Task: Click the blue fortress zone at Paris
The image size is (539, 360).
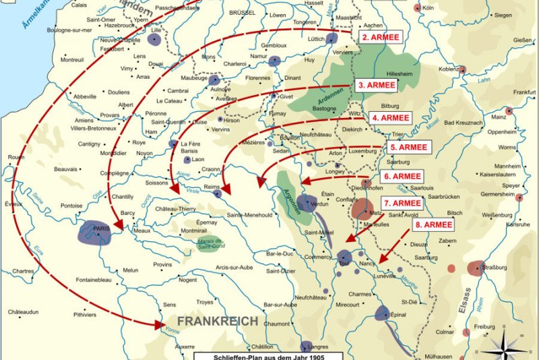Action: [94, 231]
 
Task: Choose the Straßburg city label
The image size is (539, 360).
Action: [494, 268]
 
